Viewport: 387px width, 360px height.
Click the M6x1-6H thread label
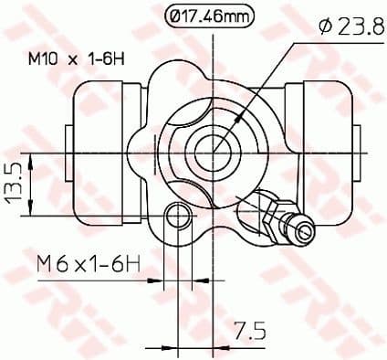coord(89,265)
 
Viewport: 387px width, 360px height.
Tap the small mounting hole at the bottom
coord(180,217)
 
